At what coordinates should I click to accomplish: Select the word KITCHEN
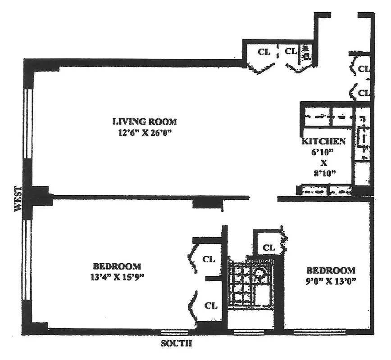[323, 141]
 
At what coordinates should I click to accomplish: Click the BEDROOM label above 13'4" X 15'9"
[117, 266]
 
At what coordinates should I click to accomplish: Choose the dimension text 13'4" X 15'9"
[117, 277]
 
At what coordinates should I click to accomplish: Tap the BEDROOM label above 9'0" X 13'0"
[331, 270]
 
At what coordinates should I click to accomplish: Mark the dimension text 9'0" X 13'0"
[331, 281]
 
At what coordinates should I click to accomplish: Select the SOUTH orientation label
[176, 344]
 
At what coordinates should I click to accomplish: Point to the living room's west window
[28, 123]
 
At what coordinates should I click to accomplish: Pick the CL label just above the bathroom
[268, 247]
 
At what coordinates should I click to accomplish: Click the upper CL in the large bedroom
[209, 260]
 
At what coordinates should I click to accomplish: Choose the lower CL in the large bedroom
[211, 306]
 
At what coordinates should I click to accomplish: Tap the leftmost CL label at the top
[264, 52]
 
